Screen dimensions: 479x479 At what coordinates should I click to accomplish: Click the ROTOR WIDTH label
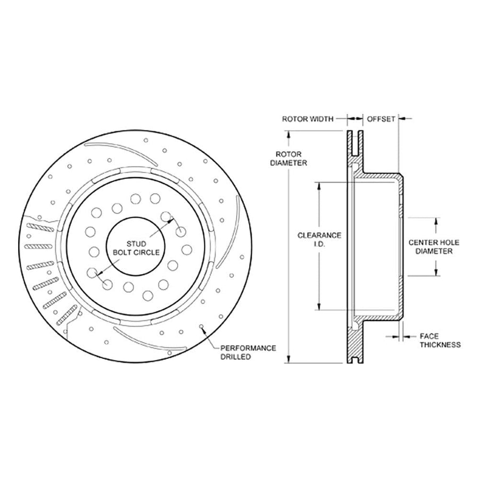(x=308, y=119)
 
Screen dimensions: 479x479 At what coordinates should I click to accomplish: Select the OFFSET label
(x=381, y=119)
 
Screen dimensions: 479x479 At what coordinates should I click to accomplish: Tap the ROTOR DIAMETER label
(x=288, y=159)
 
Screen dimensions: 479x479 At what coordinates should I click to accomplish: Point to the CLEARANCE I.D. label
(x=319, y=240)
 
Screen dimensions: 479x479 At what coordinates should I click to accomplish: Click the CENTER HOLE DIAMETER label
(x=434, y=247)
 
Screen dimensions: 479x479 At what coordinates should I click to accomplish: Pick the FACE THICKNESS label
(x=440, y=341)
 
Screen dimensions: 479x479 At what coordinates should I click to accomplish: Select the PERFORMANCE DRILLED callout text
(x=248, y=352)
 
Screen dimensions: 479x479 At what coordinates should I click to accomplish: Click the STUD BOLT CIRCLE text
(x=136, y=248)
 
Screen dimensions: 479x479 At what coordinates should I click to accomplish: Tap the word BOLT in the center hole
(x=123, y=252)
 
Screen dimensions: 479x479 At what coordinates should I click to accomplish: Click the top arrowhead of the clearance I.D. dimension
(x=319, y=186)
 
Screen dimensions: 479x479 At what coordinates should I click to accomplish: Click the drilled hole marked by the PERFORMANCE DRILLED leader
(x=201, y=327)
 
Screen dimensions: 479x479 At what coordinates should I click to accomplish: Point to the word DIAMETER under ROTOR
(x=288, y=163)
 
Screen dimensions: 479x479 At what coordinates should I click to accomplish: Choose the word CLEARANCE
(x=319, y=236)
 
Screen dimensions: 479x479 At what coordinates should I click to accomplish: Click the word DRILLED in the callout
(x=236, y=357)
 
